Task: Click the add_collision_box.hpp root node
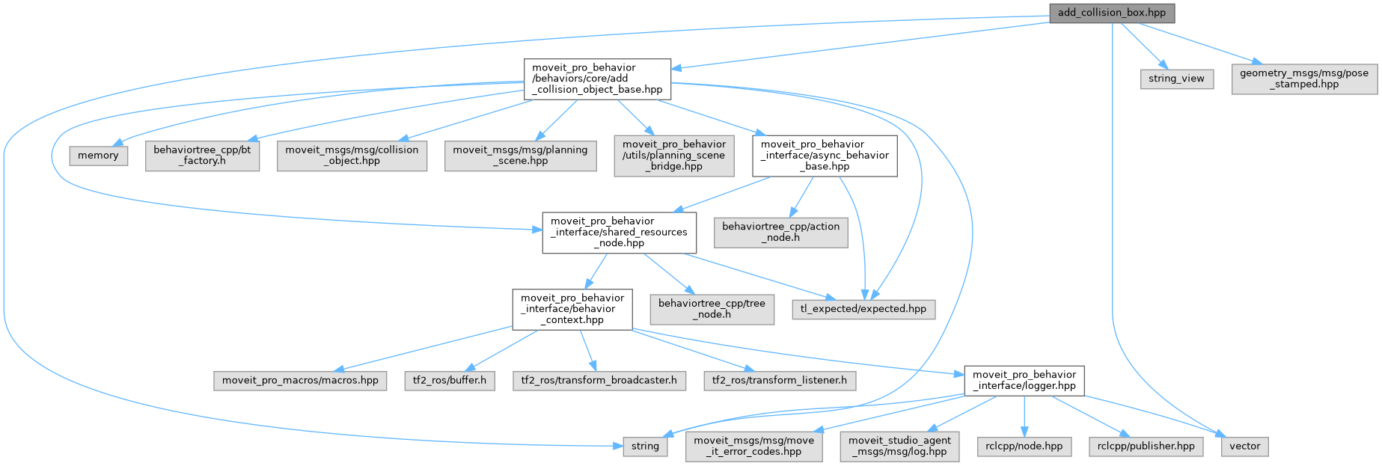(1111, 13)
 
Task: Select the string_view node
(1176, 79)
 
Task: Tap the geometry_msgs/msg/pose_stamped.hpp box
(1304, 79)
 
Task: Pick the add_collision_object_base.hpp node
(597, 79)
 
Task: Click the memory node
(98, 156)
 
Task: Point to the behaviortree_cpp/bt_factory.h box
(202, 156)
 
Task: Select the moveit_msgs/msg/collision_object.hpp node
(352, 156)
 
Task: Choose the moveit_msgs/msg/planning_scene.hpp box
(521, 156)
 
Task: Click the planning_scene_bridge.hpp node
(674, 156)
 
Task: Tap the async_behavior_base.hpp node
(825, 156)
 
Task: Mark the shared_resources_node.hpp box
(620, 233)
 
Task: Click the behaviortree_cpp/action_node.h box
(780, 233)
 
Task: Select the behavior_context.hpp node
(572, 309)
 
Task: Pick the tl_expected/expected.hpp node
(863, 309)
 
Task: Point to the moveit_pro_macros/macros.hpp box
(300, 381)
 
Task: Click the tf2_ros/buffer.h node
(450, 381)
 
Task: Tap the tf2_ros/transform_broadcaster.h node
(599, 381)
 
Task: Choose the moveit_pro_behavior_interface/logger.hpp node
(1024, 381)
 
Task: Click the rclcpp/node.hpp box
(1024, 447)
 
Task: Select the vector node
(1245, 447)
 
